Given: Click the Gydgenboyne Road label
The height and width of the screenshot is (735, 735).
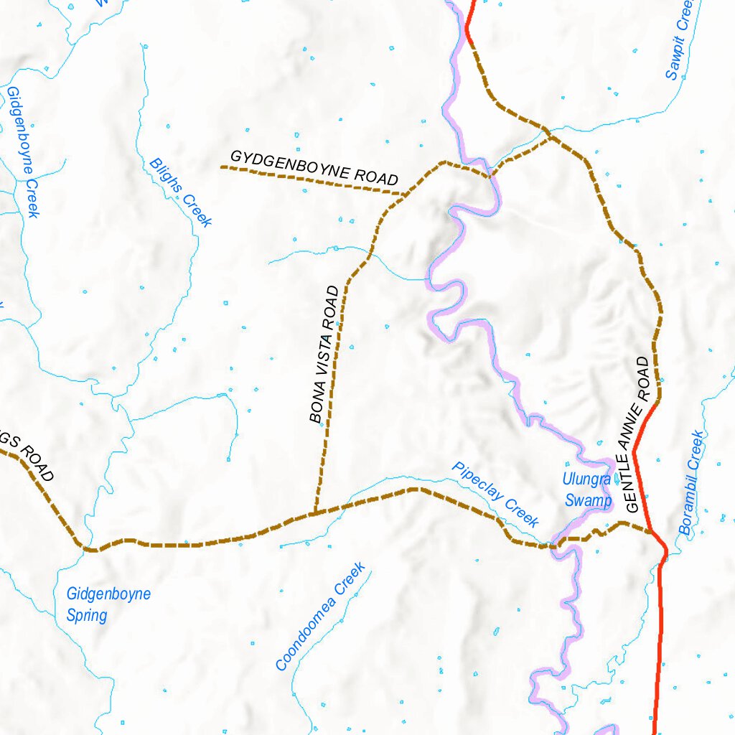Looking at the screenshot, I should (x=314, y=167).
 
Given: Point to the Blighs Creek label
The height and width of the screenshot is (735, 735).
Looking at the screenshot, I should (x=181, y=192).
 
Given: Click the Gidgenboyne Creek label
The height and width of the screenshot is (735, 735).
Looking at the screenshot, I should (x=23, y=151).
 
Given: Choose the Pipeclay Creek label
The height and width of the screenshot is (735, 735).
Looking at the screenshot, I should (x=495, y=495).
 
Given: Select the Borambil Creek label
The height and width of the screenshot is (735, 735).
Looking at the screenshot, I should (x=692, y=483).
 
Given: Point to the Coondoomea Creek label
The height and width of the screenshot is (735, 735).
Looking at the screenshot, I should (x=321, y=617).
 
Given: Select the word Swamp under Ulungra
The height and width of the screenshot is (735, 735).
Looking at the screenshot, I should (x=589, y=500).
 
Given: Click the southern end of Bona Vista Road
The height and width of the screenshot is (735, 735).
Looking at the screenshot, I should (x=314, y=512).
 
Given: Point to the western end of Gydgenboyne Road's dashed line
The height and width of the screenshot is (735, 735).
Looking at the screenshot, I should (x=222, y=167).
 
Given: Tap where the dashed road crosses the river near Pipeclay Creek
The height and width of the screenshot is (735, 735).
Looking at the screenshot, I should (x=554, y=546).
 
